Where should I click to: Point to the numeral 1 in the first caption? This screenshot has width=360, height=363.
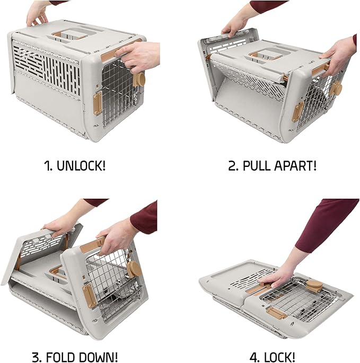point(47,165)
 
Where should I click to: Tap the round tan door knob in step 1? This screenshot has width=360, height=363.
point(140,79)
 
